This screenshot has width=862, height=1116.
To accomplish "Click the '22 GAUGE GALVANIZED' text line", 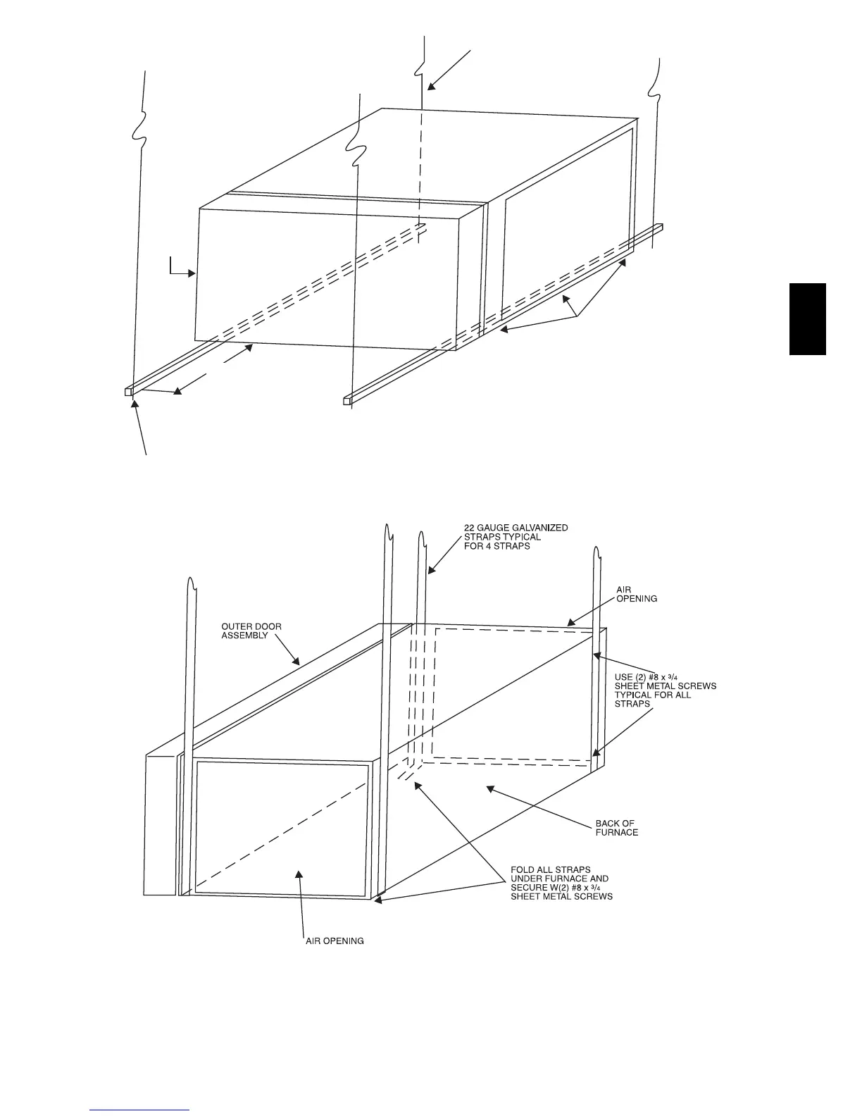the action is pyautogui.click(x=516, y=528).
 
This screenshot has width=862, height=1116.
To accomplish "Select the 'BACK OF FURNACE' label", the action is pyautogui.click(x=617, y=827).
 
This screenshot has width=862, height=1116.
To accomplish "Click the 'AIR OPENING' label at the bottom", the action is pyautogui.click(x=335, y=941).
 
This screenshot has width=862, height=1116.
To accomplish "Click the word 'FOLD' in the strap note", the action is pyautogui.click(x=524, y=869).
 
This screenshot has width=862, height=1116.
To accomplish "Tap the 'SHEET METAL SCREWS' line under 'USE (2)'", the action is pyautogui.click(x=666, y=686).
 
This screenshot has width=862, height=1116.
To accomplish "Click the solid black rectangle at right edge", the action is pyautogui.click(x=808, y=319).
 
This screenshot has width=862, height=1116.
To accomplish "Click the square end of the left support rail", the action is pyautogui.click(x=128, y=391).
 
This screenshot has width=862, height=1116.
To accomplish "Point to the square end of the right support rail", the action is pyautogui.click(x=347, y=401).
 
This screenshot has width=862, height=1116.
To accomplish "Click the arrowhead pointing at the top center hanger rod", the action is pyautogui.click(x=429, y=87).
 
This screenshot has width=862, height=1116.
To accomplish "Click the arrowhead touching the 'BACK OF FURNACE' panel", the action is pyautogui.click(x=489, y=790).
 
